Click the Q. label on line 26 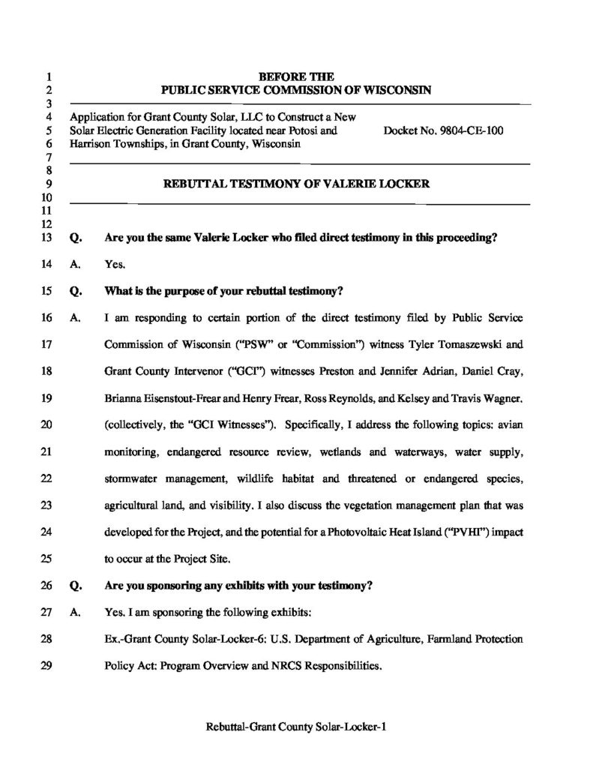pos(74,586)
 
